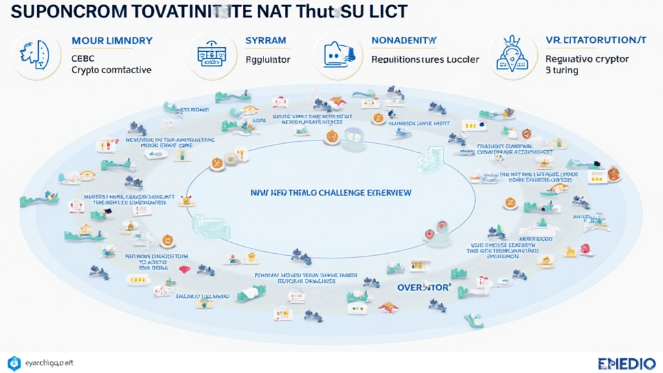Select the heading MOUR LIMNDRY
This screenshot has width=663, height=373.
[112, 41]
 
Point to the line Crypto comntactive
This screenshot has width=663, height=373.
[112, 70]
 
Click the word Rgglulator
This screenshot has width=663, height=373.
[268, 60]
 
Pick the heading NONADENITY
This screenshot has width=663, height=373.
[400, 41]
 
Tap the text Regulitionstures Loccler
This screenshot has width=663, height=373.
[425, 60]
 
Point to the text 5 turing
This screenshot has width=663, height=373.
[561, 71]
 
